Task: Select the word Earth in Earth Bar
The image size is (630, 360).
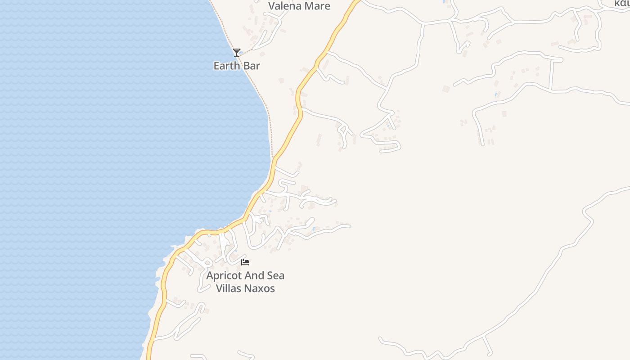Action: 227,66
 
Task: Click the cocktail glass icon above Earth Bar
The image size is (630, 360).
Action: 237,53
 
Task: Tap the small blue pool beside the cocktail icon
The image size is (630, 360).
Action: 242,53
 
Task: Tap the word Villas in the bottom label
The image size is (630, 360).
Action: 229,288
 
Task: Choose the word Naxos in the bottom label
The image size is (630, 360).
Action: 260,288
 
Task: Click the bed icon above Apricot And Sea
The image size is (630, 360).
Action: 245,262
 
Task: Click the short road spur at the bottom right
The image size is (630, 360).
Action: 487,345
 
